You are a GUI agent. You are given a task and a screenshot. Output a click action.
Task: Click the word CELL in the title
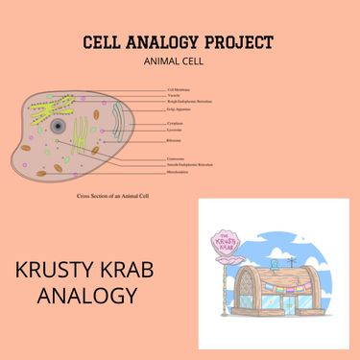click(101, 42)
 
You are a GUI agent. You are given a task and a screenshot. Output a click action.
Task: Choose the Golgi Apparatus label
click(179, 109)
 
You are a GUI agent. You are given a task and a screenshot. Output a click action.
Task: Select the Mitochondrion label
click(179, 173)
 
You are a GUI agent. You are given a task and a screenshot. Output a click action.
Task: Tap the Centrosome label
click(176, 158)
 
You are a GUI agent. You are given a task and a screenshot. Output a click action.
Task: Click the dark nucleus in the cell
click(59, 126)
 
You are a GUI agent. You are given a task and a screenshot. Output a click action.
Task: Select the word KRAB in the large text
click(132, 270)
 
